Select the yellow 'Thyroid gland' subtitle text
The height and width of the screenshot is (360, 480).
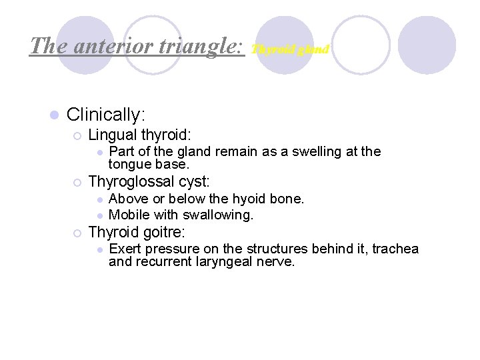(x=290, y=49)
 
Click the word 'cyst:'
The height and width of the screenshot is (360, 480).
(x=193, y=181)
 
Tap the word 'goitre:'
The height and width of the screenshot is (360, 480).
(x=162, y=232)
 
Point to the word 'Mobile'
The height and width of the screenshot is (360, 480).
(x=129, y=215)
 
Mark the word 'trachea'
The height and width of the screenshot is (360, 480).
(x=395, y=249)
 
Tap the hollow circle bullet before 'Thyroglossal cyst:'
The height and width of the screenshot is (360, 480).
(x=77, y=182)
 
